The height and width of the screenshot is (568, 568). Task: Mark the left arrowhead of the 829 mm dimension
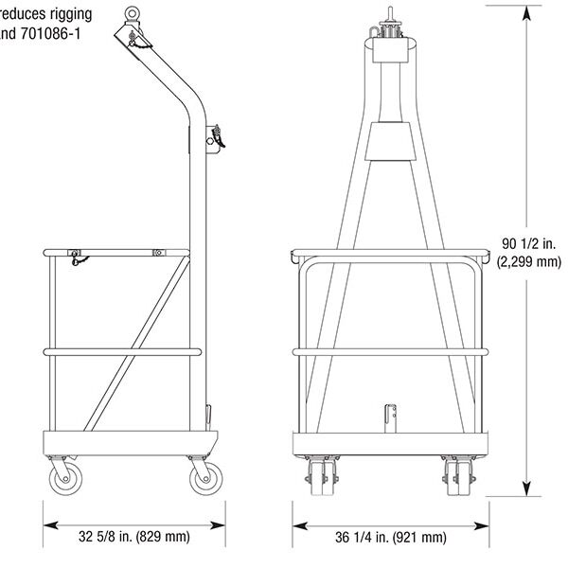pyautogui.click(x=49, y=523)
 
